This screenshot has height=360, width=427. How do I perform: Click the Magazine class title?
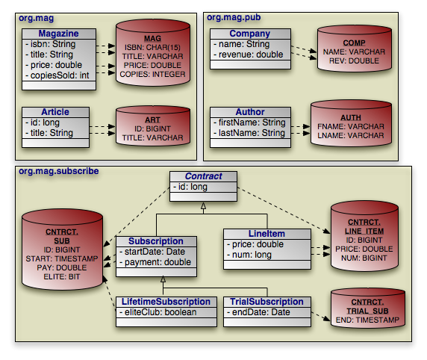coord(58,34)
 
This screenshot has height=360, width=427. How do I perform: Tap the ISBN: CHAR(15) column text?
coord(152,47)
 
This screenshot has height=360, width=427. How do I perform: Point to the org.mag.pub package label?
coord(234,17)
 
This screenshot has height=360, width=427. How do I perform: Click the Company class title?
coord(250,34)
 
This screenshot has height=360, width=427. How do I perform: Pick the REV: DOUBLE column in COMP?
coord(354,60)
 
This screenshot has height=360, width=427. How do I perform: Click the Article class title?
coord(55,112)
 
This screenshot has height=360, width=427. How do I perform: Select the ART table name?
coord(152,120)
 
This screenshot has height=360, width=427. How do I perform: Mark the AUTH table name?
coord(351,118)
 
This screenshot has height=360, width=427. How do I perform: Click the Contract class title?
coord(204,176)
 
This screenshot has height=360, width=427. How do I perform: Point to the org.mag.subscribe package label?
coord(59,171)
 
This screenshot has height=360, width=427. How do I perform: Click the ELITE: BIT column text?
coord(62,277)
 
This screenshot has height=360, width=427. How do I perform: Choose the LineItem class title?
coord(267,234)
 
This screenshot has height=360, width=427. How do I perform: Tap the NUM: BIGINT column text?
coord(364,258)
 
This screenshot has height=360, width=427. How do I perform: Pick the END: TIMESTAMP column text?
coord(367,320)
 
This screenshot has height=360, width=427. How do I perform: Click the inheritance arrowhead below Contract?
coord(204,206)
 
